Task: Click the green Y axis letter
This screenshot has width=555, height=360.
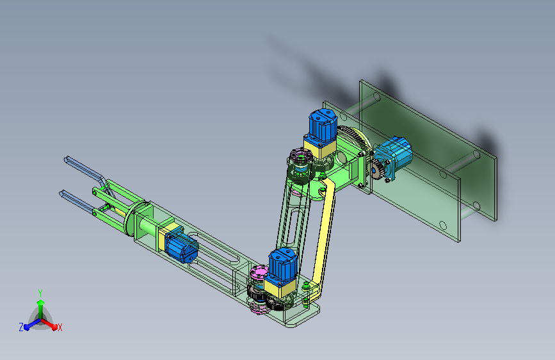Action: click(x=40, y=293)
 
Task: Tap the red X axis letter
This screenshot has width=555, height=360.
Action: click(x=60, y=327)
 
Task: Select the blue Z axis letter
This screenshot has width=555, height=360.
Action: click(x=21, y=327)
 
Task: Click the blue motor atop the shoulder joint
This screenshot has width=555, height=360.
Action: click(x=323, y=125)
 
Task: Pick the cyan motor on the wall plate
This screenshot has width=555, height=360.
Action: click(x=393, y=156)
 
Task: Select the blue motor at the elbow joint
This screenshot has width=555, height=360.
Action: click(x=282, y=265)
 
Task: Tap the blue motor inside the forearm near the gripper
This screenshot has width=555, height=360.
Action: click(x=181, y=245)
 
